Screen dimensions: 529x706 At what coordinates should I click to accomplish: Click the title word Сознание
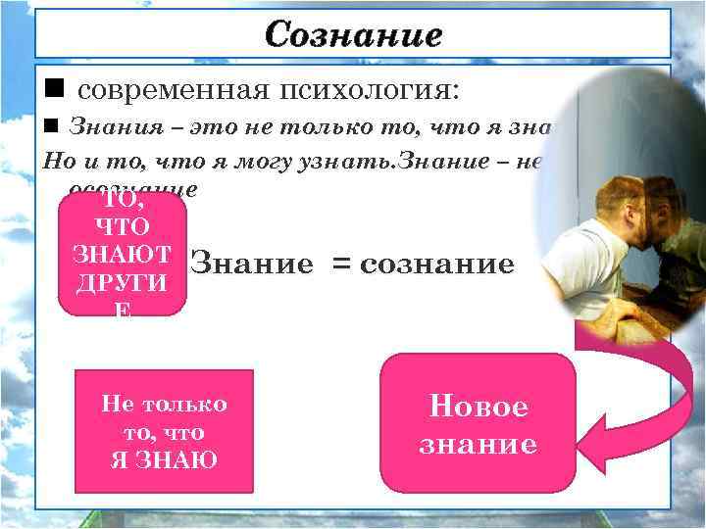pyautogui.click(x=353, y=35)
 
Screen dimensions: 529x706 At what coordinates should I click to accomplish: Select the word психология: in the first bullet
pyautogui.click(x=369, y=91)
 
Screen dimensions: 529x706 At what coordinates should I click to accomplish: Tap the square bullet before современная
pyautogui.click(x=54, y=90)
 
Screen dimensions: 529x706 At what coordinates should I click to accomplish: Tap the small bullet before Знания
pyautogui.click(x=52, y=125)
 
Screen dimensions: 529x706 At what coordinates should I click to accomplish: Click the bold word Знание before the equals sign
pyautogui.click(x=250, y=263)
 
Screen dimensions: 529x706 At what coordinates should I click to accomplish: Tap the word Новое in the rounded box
pyautogui.click(x=478, y=407)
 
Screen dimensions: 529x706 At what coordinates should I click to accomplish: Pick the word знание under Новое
pyautogui.click(x=478, y=444)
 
